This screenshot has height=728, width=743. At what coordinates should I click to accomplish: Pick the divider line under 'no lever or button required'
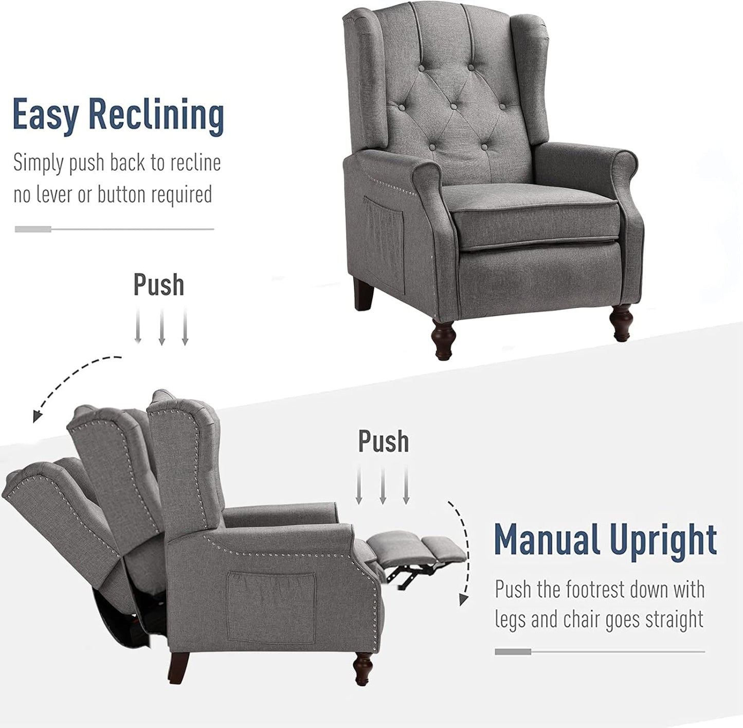click(114, 229)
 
